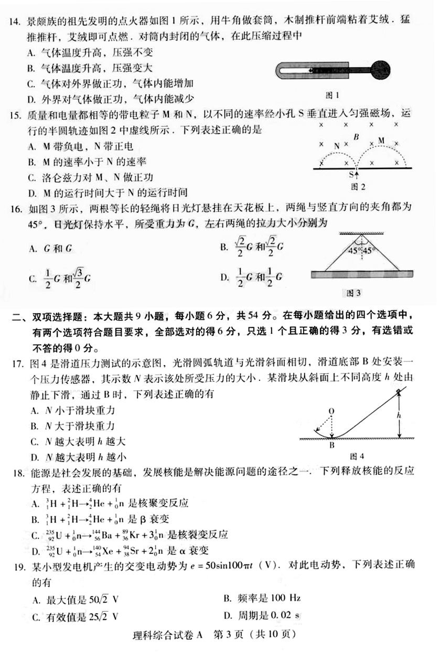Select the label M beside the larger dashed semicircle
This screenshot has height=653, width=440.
point(381,140)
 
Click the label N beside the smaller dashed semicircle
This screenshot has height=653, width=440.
point(337,145)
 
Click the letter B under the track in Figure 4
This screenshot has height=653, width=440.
point(331,446)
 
